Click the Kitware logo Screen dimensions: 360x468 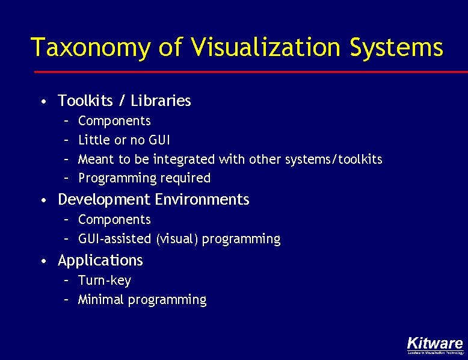[x=435, y=344]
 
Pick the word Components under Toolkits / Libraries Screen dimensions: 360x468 [x=114, y=121]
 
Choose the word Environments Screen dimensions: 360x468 [x=202, y=199]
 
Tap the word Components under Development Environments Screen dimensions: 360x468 [x=114, y=220]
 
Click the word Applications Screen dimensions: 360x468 [x=100, y=261]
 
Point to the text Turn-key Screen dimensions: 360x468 [x=105, y=281]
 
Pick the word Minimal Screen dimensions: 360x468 [x=100, y=300]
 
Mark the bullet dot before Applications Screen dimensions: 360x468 [x=45, y=261]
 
